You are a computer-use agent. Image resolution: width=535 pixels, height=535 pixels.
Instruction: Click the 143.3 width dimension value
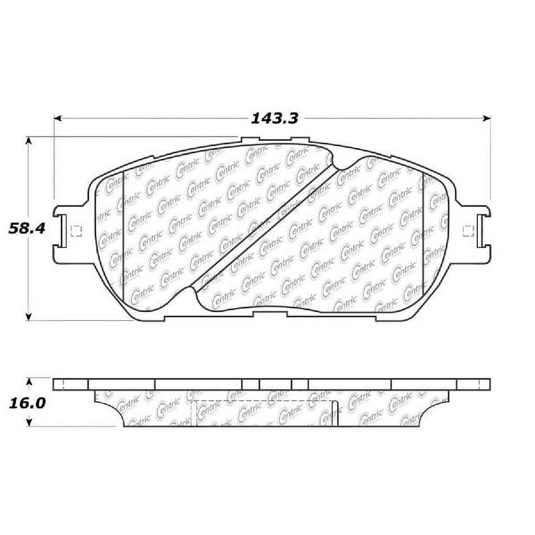(274, 119)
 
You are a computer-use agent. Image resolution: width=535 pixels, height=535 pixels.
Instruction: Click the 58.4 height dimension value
(27, 229)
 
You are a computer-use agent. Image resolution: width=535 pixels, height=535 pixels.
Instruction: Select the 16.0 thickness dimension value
(27, 403)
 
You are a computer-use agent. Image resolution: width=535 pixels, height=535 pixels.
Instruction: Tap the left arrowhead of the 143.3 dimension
(57, 119)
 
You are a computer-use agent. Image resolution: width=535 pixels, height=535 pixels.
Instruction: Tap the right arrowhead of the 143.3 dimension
(487, 119)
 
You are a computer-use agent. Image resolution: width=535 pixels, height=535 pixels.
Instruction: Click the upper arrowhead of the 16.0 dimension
(29, 382)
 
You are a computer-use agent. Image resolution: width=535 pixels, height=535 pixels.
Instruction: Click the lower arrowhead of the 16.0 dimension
(29, 422)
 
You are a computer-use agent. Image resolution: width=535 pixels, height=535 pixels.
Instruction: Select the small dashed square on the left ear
(76, 230)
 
